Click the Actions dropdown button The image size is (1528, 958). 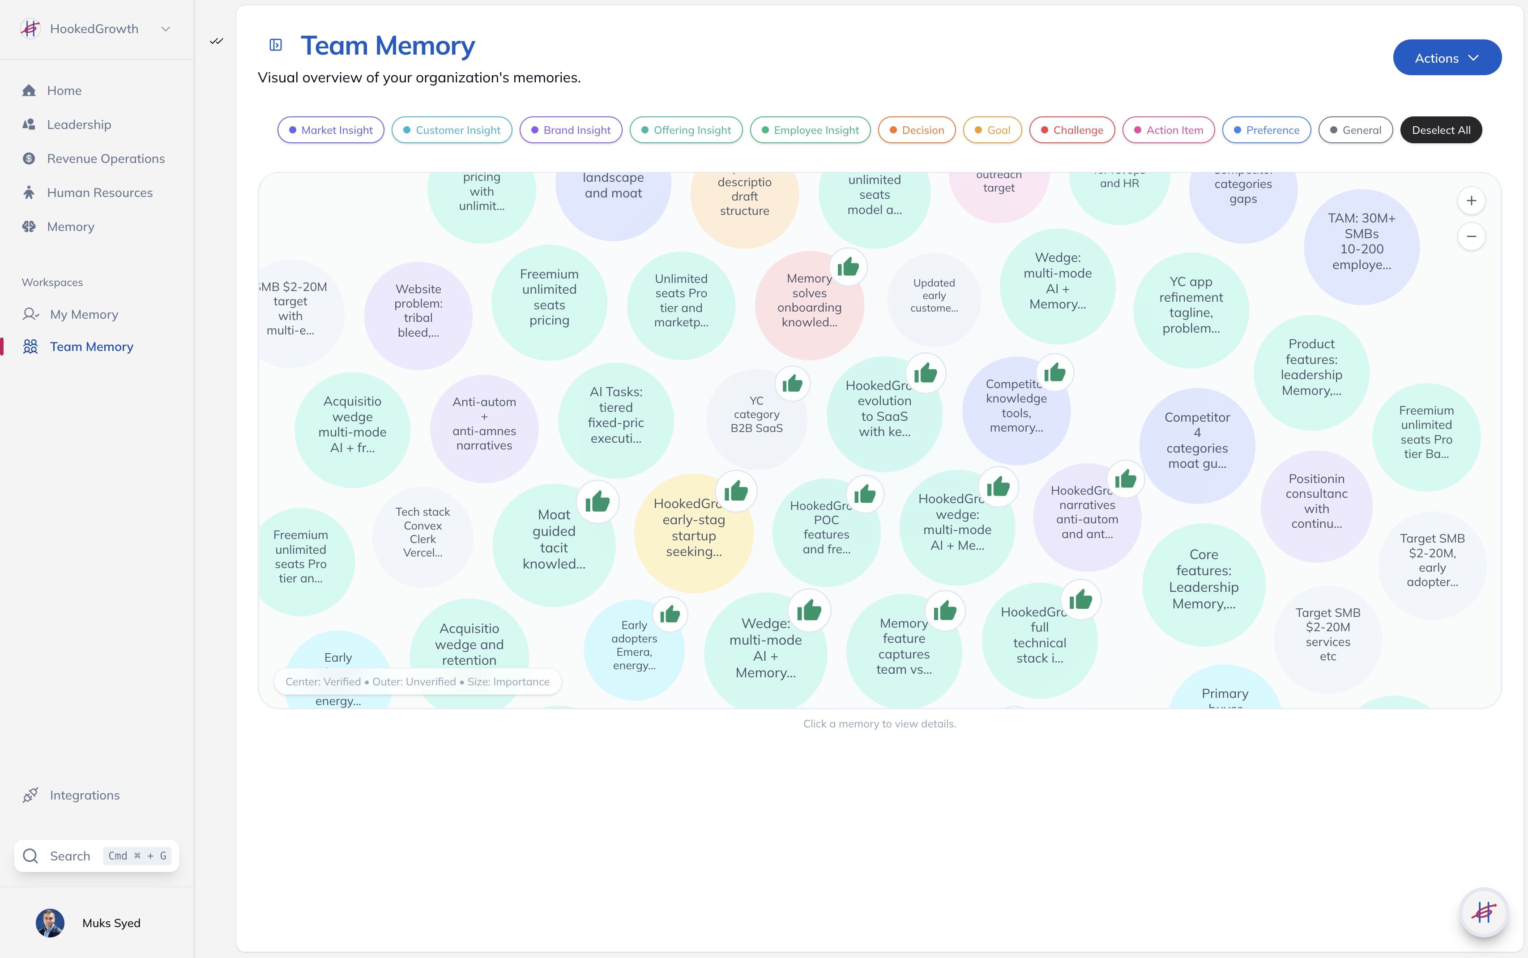(1446, 58)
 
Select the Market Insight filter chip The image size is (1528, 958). (331, 130)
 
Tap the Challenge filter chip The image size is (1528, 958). (1072, 130)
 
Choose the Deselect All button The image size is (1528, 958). (1441, 130)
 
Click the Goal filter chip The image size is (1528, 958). (992, 130)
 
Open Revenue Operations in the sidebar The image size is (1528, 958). (105, 158)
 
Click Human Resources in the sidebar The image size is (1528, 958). (99, 192)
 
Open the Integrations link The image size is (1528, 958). (84, 795)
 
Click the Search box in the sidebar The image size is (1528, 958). (96, 856)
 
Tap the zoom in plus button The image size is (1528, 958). (1471, 201)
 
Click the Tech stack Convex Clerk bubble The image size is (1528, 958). (423, 532)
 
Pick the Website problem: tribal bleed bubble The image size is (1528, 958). (418, 311)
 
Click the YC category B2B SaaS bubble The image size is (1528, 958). (756, 415)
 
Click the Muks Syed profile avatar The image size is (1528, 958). (50, 923)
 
